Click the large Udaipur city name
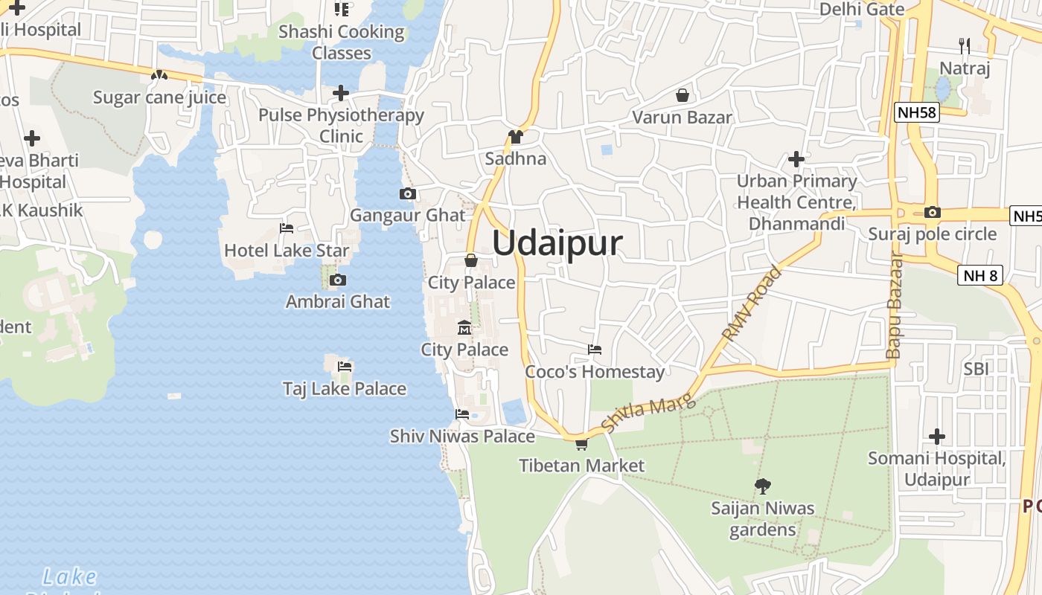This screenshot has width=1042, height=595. click(557, 244)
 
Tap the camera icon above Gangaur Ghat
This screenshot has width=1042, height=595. click(407, 194)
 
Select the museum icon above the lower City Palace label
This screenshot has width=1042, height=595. click(464, 327)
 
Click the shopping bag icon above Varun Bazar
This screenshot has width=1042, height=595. click(682, 95)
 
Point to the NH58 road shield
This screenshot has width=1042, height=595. click(917, 113)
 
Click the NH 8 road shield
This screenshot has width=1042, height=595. click(980, 275)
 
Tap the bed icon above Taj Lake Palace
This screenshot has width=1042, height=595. click(344, 366)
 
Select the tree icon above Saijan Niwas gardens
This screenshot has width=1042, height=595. click(762, 486)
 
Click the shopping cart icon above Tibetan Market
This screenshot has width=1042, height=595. click(581, 444)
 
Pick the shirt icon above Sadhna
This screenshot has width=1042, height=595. click(515, 136)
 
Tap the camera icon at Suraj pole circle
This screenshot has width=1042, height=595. click(932, 212)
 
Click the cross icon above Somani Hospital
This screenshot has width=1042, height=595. click(937, 436)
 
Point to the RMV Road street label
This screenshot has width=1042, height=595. click(752, 303)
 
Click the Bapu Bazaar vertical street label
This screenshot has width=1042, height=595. click(894, 306)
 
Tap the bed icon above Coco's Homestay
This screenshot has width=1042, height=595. click(594, 349)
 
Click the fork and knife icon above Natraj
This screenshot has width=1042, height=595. click(965, 46)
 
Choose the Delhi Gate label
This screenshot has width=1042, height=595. click(862, 9)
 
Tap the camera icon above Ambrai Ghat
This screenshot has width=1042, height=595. click(338, 280)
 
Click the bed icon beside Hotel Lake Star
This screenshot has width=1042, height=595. click(286, 228)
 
